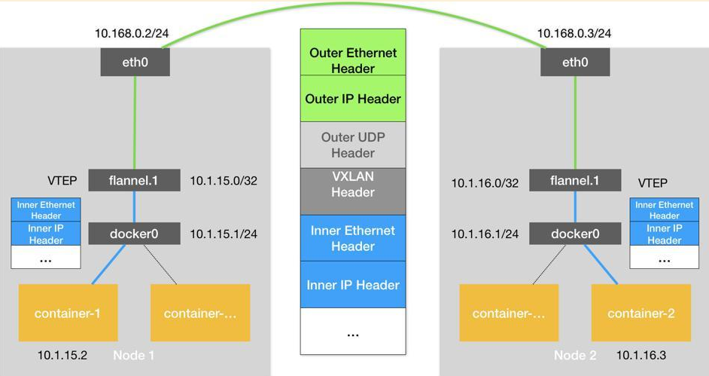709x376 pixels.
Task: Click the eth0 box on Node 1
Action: click(x=135, y=63)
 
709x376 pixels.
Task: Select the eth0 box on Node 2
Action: click(x=574, y=63)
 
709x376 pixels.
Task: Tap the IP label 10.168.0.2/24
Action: click(x=132, y=33)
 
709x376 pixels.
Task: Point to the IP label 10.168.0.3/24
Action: click(x=574, y=33)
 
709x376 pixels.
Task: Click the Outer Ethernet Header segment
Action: click(x=353, y=60)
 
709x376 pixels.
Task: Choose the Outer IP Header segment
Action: click(x=353, y=99)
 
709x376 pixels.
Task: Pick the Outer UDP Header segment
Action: click(x=353, y=145)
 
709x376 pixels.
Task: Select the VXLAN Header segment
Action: click(x=353, y=184)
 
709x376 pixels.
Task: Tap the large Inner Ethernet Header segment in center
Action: click(x=353, y=238)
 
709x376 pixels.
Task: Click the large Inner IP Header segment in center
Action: click(x=353, y=285)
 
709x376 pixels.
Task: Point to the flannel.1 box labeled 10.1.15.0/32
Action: click(x=135, y=181)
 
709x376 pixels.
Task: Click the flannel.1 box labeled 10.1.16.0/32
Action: click(x=575, y=181)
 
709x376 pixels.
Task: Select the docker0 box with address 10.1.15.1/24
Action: click(x=135, y=234)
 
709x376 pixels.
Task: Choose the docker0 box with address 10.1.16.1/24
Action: click(x=575, y=234)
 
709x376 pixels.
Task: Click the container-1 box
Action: click(x=67, y=313)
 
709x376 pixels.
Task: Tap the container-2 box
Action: click(x=641, y=313)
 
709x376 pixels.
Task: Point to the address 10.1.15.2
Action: click(x=62, y=355)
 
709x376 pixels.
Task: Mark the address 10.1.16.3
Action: click(x=641, y=355)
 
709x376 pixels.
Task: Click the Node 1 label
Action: click(x=134, y=355)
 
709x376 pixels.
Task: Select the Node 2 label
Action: click(x=575, y=355)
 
